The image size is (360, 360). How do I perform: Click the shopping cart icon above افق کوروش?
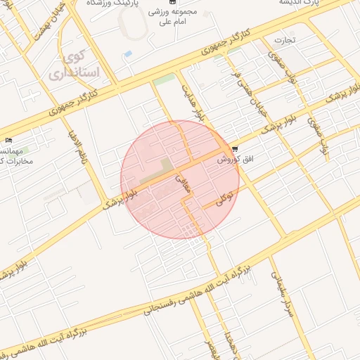pos(234,149)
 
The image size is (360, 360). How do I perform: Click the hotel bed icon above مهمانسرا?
pos(8,141)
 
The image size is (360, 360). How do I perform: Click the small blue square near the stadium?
pos(127,53)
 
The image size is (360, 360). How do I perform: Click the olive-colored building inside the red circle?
pos(166,167)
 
